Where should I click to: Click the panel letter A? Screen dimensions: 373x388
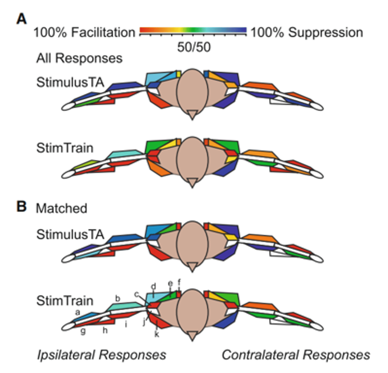(x=21, y=19)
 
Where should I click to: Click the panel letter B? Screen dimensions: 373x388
(x=21, y=206)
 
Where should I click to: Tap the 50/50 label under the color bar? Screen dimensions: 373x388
(x=194, y=47)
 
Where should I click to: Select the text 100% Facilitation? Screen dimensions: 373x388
(x=84, y=32)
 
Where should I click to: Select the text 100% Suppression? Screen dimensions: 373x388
(x=307, y=32)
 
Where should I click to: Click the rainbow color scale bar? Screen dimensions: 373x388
(x=193, y=30)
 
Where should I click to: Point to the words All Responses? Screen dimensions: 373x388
(x=79, y=58)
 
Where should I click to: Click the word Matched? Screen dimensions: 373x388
(x=61, y=208)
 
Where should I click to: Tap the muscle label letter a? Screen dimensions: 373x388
(x=78, y=312)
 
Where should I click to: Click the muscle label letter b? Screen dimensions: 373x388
(x=117, y=299)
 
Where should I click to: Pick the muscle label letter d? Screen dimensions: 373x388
(x=153, y=286)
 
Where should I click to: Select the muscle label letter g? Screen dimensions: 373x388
(x=83, y=331)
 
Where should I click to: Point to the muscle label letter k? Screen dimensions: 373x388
(x=157, y=334)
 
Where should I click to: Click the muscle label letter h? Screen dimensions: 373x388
(x=105, y=330)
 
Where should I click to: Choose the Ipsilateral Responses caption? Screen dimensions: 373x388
(x=102, y=355)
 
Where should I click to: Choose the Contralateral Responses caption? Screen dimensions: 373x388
(x=296, y=355)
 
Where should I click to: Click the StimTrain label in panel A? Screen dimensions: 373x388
(x=65, y=148)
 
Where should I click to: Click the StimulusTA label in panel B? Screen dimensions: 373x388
(x=70, y=234)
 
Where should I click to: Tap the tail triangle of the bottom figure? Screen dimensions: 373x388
(x=192, y=336)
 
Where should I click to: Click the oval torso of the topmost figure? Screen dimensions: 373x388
(x=192, y=90)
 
